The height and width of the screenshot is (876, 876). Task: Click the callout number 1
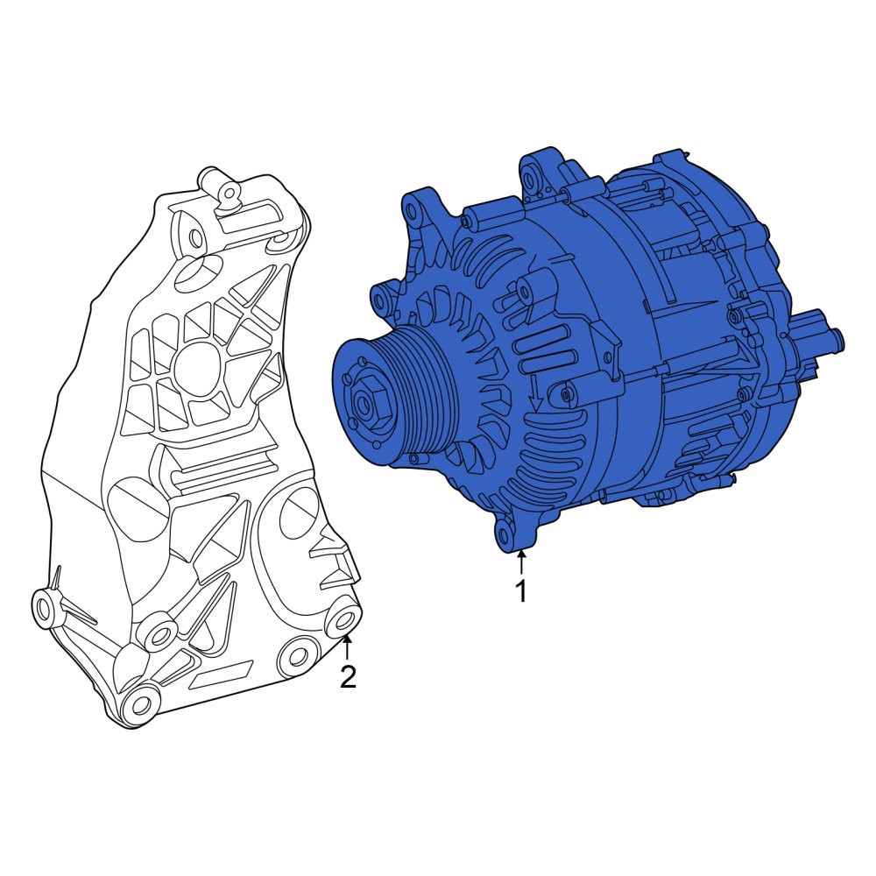pyautogui.click(x=521, y=591)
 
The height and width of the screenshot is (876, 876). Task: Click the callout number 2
pyautogui.click(x=348, y=677)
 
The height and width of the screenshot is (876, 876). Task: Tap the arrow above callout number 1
pyautogui.click(x=521, y=562)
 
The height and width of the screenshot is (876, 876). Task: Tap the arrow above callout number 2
pyautogui.click(x=348, y=648)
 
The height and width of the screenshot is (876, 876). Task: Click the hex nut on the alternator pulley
pyautogui.click(x=366, y=403)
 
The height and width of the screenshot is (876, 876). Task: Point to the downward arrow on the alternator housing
pyautogui.click(x=535, y=394)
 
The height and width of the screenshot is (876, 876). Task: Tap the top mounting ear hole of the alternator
pyautogui.click(x=531, y=178)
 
